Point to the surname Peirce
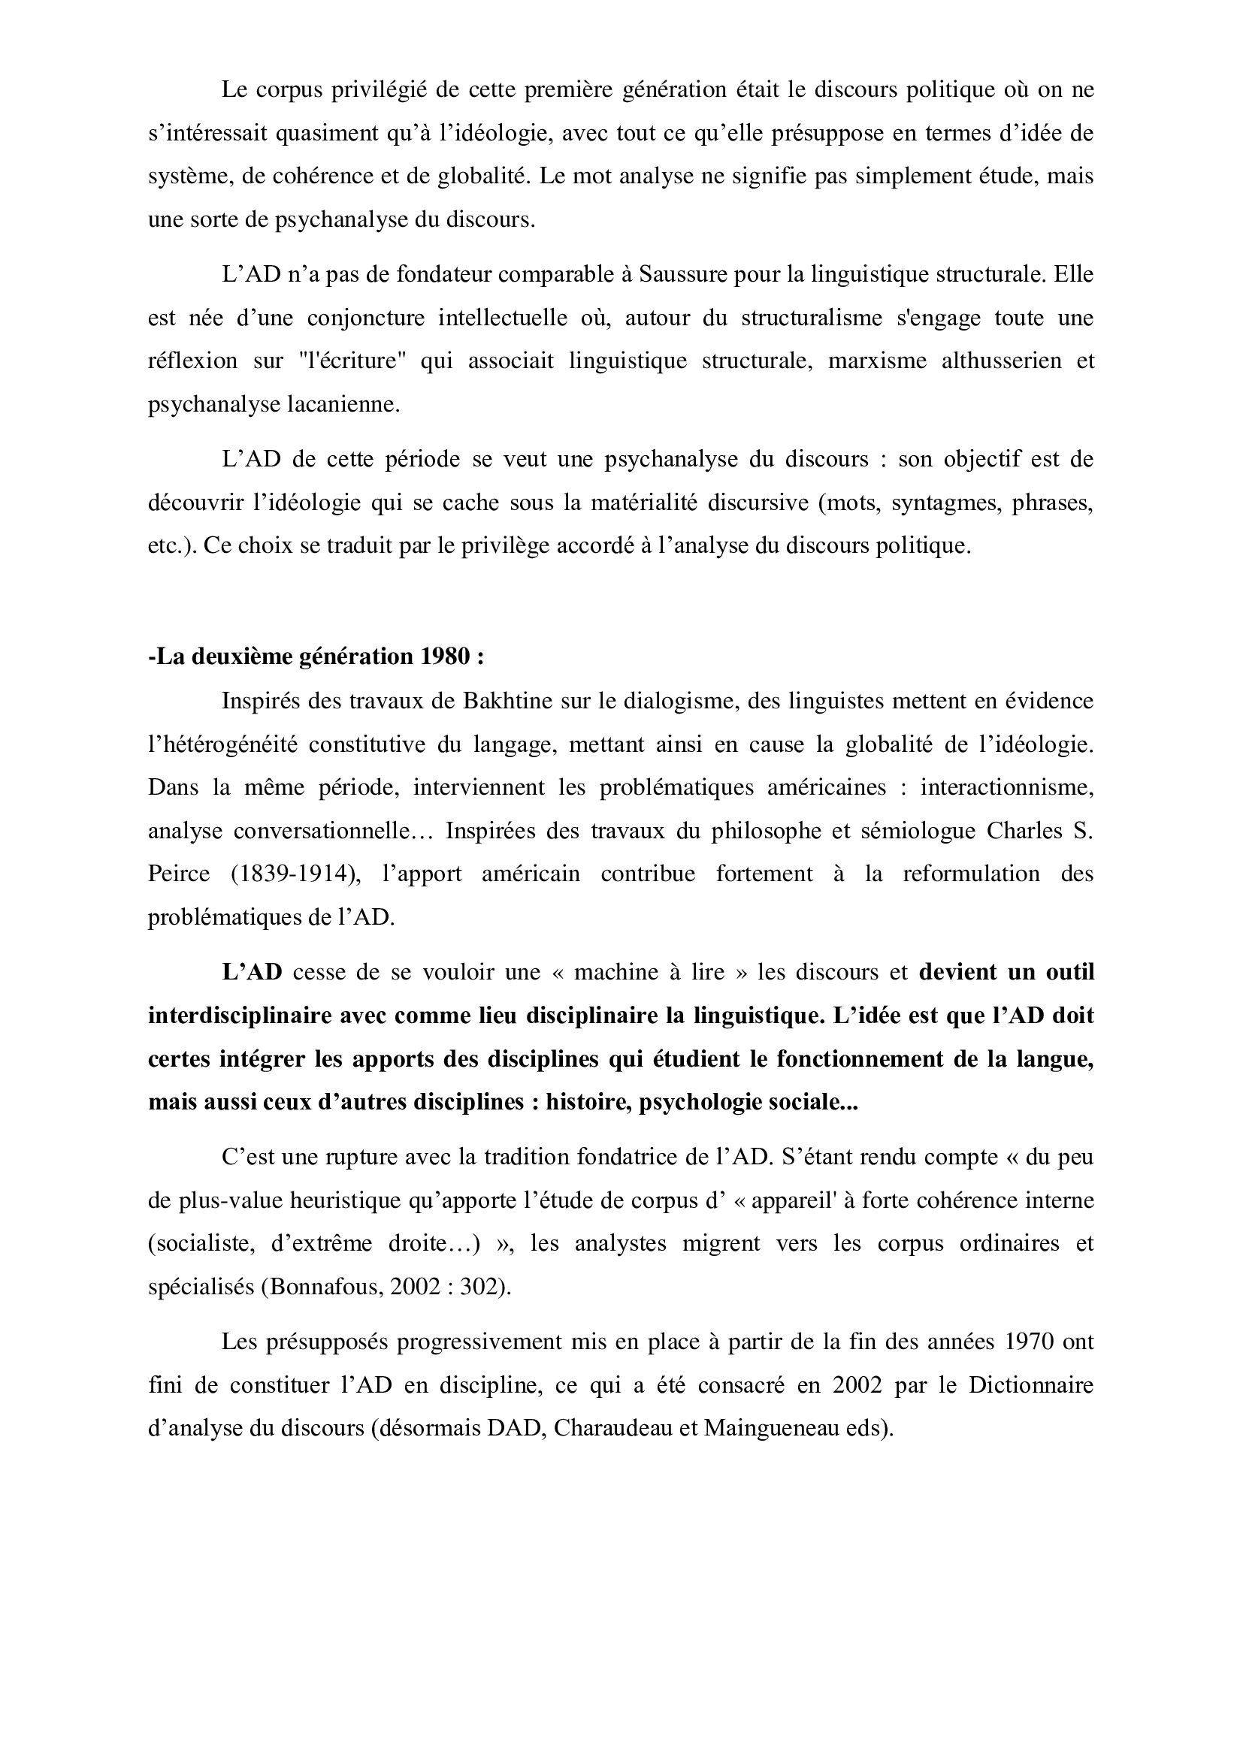[178, 874]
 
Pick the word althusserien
[1001, 361]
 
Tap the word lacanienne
[343, 405]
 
